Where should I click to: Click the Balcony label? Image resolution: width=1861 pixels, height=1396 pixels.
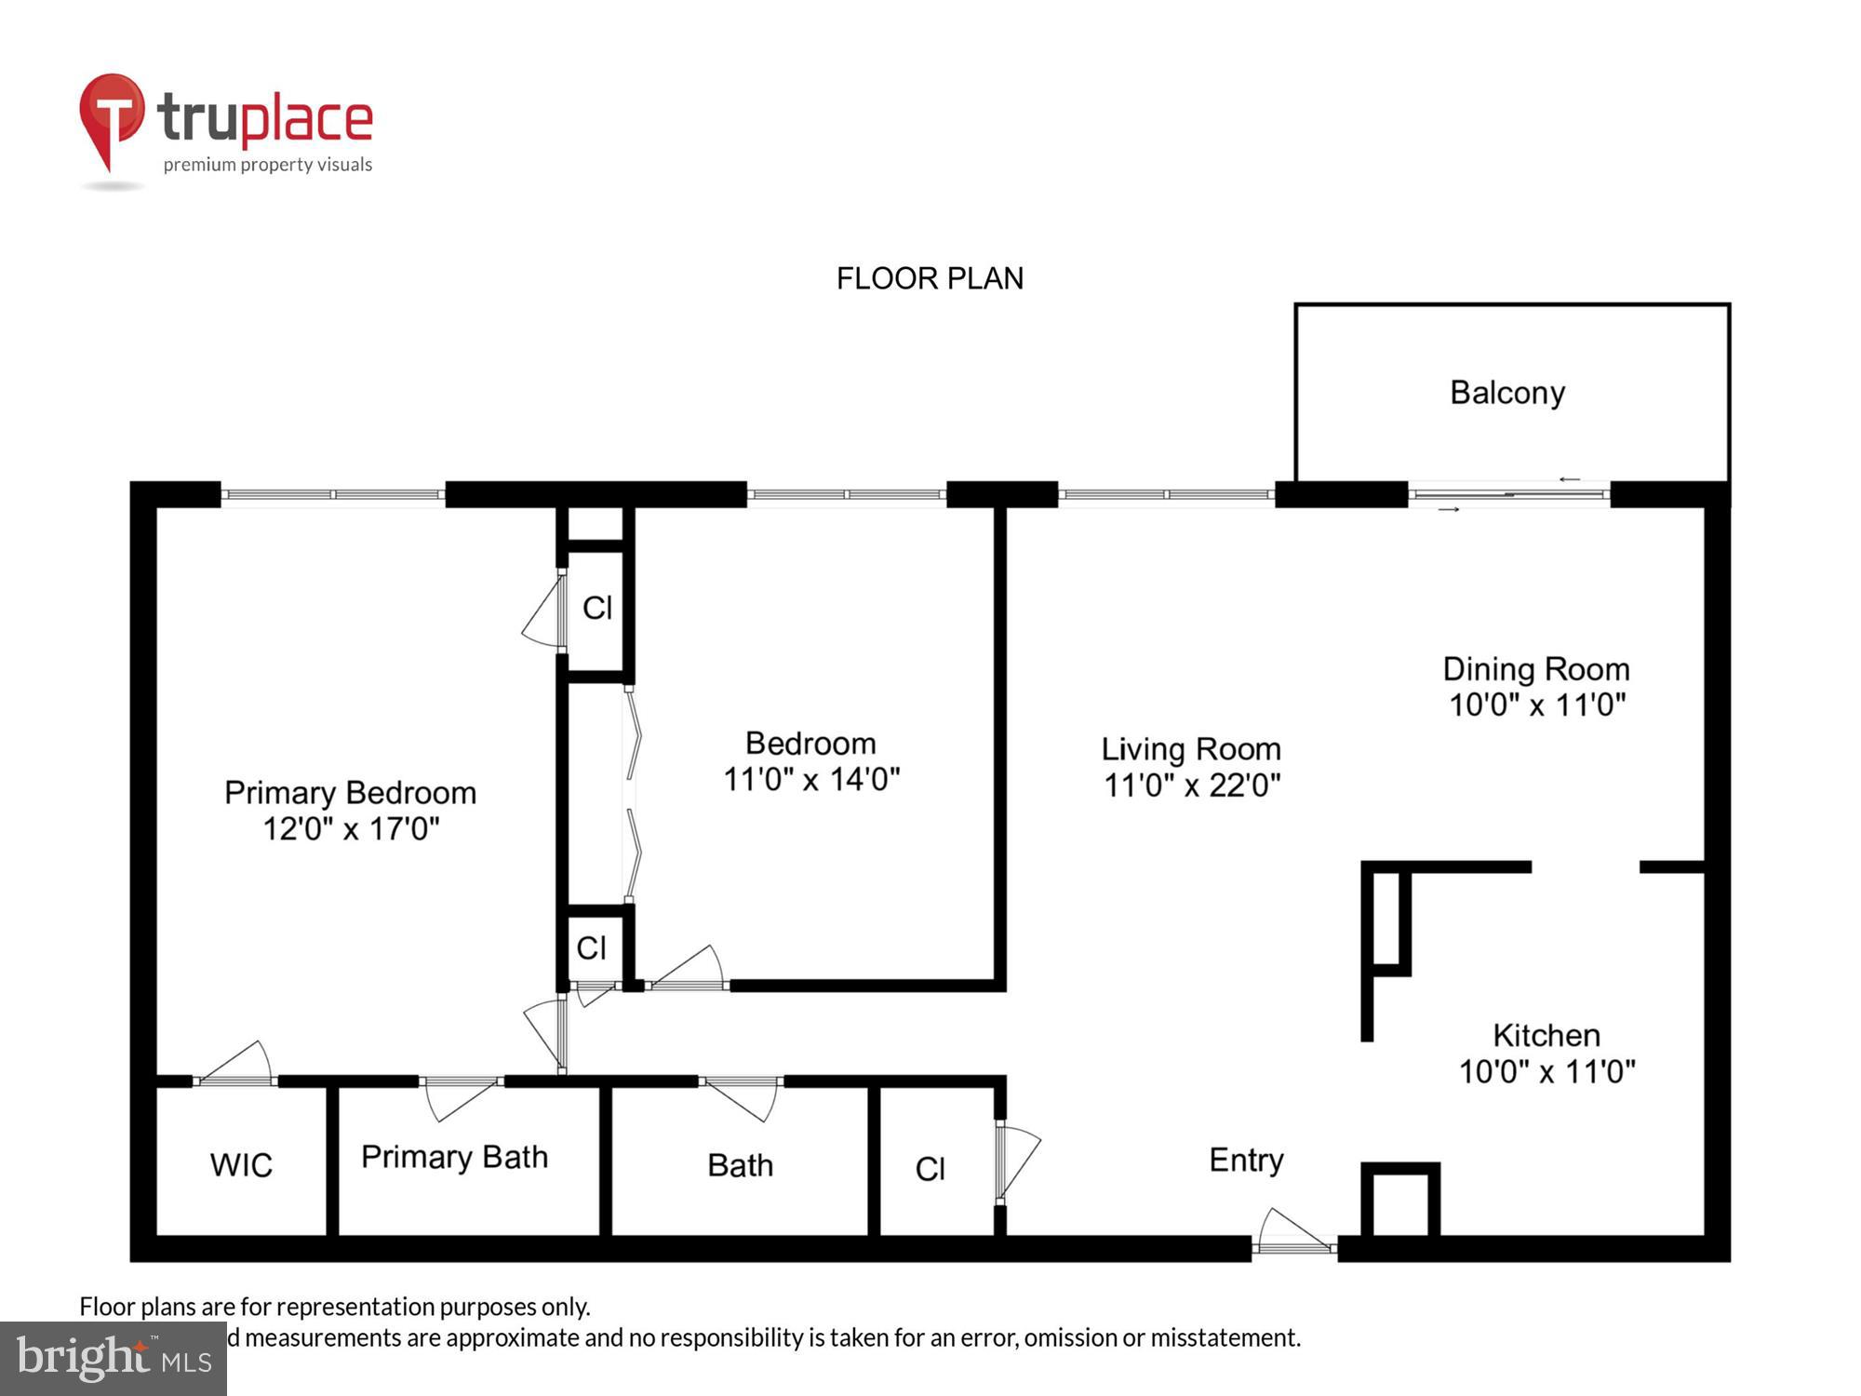click(x=1506, y=393)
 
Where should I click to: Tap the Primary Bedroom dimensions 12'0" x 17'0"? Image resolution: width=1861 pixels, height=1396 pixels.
click(x=351, y=828)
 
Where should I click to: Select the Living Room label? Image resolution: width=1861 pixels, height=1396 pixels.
click(x=1191, y=749)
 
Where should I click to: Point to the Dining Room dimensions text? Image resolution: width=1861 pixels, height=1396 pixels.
click(x=1536, y=705)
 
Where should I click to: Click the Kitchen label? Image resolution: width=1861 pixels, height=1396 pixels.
click(x=1546, y=1035)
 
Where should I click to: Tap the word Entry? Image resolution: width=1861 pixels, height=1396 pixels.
click(x=1246, y=1160)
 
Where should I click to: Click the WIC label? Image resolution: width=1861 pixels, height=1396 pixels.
click(x=241, y=1165)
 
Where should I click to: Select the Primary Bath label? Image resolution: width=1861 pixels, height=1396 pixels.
click(x=454, y=1157)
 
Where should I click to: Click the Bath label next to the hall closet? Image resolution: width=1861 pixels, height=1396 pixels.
click(x=740, y=1165)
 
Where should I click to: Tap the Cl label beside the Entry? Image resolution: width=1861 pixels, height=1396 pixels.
click(x=930, y=1169)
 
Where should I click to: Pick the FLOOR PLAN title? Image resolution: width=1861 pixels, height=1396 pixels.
click(x=930, y=278)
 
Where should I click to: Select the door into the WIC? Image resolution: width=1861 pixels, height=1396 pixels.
click(x=238, y=1066)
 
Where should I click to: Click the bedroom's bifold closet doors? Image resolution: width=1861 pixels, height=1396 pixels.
click(x=633, y=796)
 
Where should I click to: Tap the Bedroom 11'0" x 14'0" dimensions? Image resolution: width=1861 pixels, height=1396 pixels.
click(x=811, y=779)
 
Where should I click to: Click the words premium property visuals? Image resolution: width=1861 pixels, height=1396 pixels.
click(x=268, y=165)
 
